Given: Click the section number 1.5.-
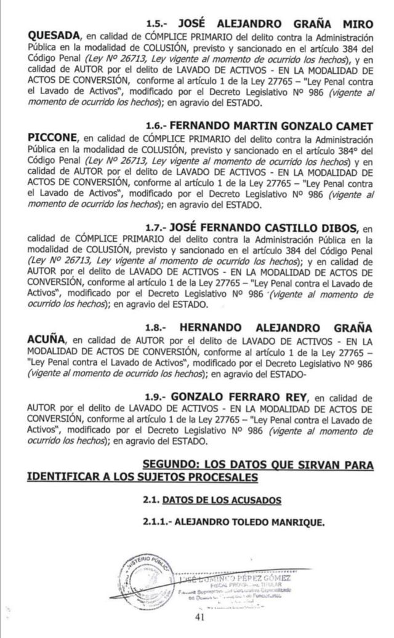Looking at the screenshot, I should [x=157, y=23].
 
